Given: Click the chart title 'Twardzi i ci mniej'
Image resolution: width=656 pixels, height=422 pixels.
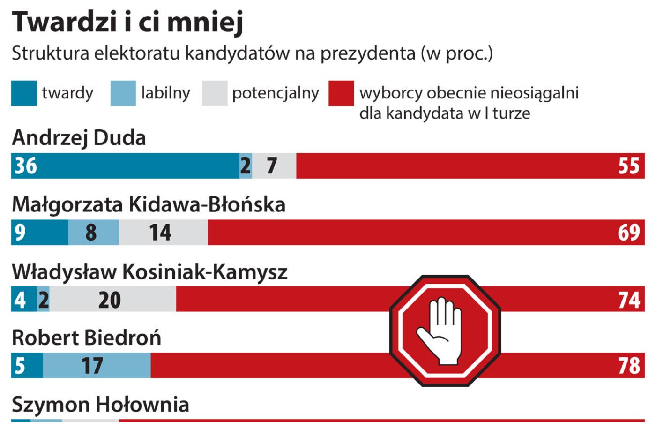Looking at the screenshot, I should pyautogui.click(x=127, y=22).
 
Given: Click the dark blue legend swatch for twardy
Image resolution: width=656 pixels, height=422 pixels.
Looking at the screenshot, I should pyautogui.click(x=24, y=93).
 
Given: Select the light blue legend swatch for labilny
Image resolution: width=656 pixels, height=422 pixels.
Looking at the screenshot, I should pyautogui.click(x=123, y=93).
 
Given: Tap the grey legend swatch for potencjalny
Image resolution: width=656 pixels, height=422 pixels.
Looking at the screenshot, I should pyautogui.click(x=215, y=93).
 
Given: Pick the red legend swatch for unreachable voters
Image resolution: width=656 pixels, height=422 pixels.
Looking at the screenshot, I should pyautogui.click(x=341, y=93).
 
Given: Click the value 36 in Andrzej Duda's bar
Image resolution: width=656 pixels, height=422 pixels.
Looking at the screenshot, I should pyautogui.click(x=26, y=166).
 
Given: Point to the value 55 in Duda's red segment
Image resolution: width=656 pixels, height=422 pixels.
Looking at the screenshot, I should pyautogui.click(x=629, y=166).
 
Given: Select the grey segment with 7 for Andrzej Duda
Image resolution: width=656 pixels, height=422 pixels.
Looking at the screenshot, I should pyautogui.click(x=274, y=166).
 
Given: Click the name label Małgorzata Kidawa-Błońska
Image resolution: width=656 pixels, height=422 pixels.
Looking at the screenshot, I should pyautogui.click(x=149, y=205).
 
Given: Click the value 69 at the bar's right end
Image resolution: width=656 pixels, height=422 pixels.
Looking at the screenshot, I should pyautogui.click(x=629, y=233).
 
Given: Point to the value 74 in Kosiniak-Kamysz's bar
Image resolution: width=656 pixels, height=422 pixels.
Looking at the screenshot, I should pyautogui.click(x=629, y=300).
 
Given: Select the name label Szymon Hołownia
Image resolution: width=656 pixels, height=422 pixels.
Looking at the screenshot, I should pyautogui.click(x=100, y=405).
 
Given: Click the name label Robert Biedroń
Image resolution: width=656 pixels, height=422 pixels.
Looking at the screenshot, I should pyautogui.click(x=86, y=338).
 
